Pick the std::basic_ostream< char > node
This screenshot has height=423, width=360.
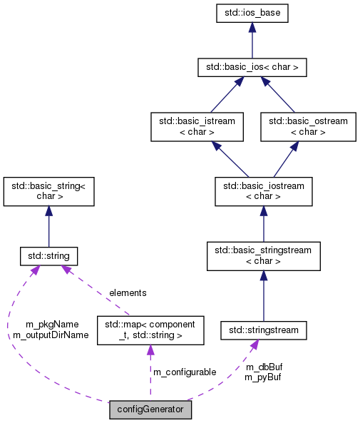coord(307,126)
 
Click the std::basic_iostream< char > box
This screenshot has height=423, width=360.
coord(263,191)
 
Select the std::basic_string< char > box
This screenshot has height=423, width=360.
coord(48,191)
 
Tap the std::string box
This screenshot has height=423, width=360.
coord(48,255)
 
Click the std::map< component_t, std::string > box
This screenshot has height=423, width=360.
coord(150,330)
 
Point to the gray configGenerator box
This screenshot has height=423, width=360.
coord(150,409)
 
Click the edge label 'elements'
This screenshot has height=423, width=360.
coord(128,292)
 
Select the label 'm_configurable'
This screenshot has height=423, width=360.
coord(185,372)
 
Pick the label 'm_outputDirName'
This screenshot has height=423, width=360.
coord(51,334)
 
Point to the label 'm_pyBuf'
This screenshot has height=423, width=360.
coord(262,377)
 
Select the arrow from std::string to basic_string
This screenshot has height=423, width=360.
coord(48,226)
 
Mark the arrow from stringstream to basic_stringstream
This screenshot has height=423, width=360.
coord(263,296)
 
